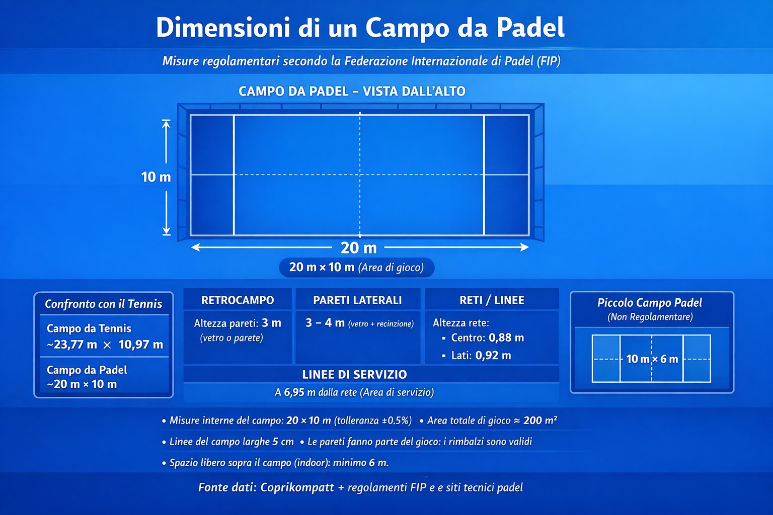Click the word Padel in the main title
click(530, 28)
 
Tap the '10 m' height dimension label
click(156, 177)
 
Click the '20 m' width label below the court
click(358, 248)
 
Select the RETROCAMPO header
click(238, 300)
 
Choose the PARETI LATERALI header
click(357, 300)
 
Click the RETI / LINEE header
click(492, 300)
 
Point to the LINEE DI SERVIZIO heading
click(354, 375)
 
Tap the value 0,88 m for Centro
click(506, 338)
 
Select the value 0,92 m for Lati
click(493, 356)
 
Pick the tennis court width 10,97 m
click(141, 345)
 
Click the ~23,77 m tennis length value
click(72, 345)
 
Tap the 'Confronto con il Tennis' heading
click(104, 304)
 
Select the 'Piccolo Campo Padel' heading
click(649, 303)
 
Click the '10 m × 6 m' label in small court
click(652, 359)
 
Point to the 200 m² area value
click(540, 420)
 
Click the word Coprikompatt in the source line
click(297, 487)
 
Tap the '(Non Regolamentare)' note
click(650, 317)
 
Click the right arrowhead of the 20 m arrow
click(525, 247)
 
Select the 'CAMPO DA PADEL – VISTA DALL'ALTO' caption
click(352, 92)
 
